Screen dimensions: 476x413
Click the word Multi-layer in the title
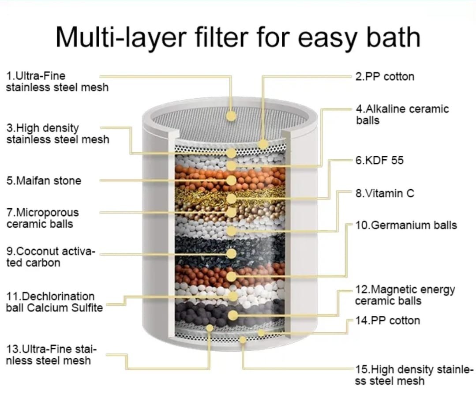[120, 37]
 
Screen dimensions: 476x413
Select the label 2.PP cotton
[385, 76]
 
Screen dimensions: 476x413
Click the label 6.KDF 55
[379, 160]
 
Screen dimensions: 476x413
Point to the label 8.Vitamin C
[385, 193]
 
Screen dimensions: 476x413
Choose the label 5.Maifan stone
[44, 181]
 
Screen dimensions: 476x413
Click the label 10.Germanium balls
[406, 225]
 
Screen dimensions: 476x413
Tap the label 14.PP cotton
[388, 321]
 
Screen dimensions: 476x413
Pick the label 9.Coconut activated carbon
[51, 257]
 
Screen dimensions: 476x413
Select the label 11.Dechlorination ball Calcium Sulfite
[54, 302]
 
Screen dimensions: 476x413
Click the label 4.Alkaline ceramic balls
[402, 114]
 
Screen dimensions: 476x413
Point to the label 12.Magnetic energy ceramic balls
[405, 295]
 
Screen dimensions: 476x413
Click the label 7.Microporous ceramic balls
[42, 218]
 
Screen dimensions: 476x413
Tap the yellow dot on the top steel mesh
[231, 116]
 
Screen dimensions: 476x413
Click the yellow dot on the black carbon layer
[231, 253]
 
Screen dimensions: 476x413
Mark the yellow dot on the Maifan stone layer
[231, 180]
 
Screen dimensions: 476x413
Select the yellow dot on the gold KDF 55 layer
[231, 199]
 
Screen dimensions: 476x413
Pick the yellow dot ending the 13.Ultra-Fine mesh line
[210, 328]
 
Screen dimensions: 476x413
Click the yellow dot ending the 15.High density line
[242, 339]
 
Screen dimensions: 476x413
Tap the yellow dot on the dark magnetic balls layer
[233, 315]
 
